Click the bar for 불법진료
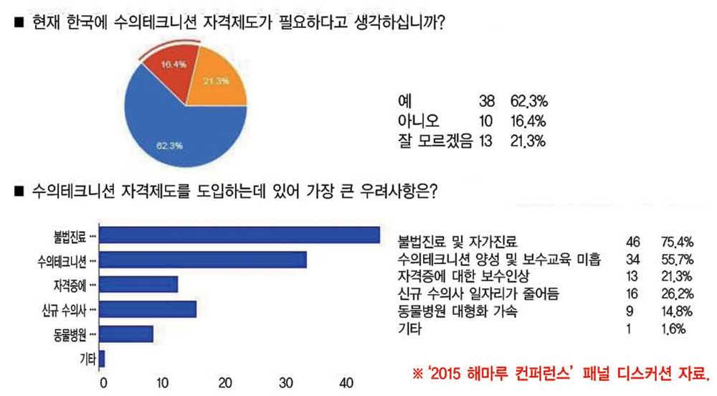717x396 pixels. pyautogui.click(x=239, y=235)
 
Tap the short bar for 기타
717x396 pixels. pyautogui.click(x=103, y=358)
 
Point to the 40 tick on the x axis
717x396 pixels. pyautogui.click(x=348, y=381)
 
